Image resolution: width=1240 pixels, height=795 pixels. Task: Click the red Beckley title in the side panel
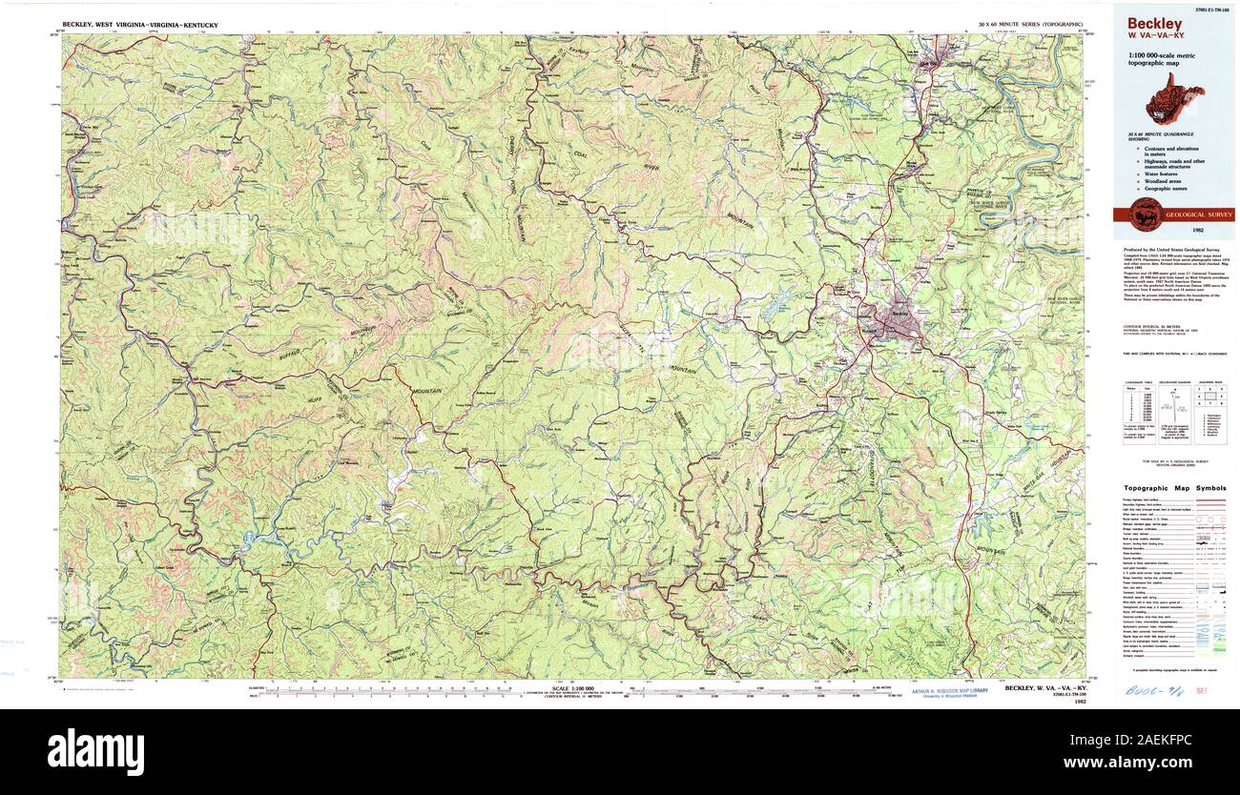point(1154,23)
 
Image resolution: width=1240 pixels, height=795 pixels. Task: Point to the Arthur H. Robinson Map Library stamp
point(948,693)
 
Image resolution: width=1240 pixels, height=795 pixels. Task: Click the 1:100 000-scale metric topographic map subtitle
point(1161,59)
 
